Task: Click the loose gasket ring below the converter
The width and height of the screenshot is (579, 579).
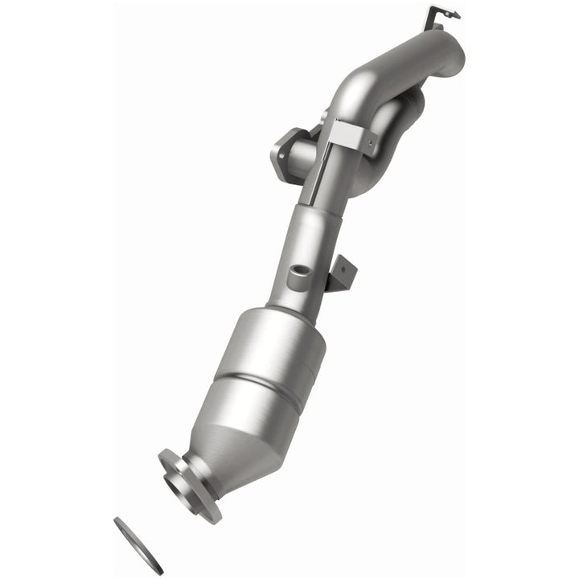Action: [x=138, y=545]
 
